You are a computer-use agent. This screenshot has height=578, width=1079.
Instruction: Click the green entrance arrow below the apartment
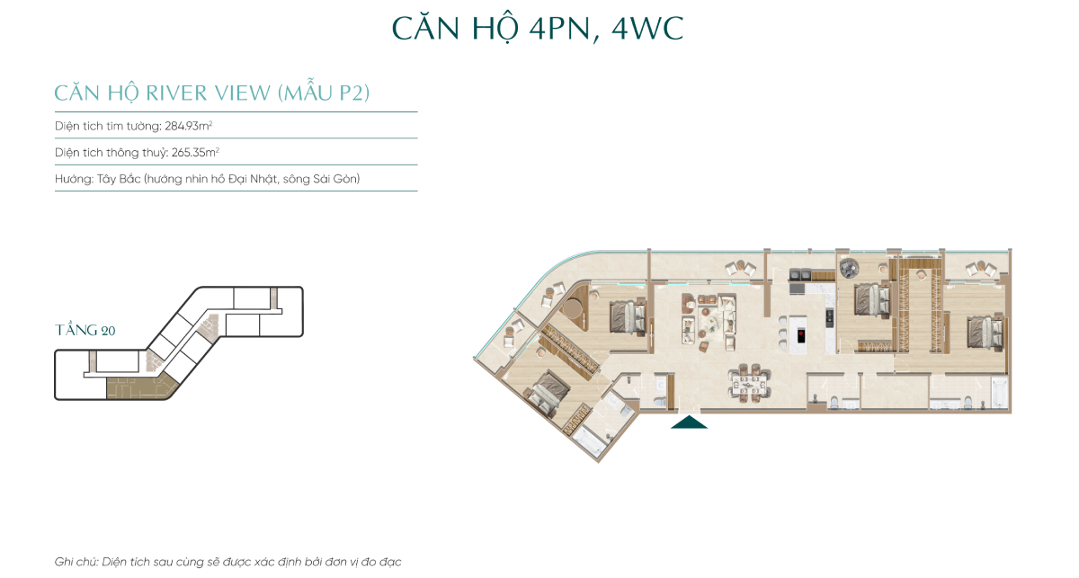coord(689,422)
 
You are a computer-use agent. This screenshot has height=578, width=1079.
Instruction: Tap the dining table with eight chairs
coord(747,383)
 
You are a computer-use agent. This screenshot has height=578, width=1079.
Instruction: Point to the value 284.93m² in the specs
coord(188,126)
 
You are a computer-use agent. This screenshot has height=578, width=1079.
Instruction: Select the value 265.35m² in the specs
coord(195,152)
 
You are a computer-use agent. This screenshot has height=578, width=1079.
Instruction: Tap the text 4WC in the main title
coord(647,28)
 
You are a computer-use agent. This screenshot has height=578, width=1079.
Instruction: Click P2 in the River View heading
coord(352,93)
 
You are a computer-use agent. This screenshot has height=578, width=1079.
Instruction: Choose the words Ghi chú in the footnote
coord(75,562)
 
